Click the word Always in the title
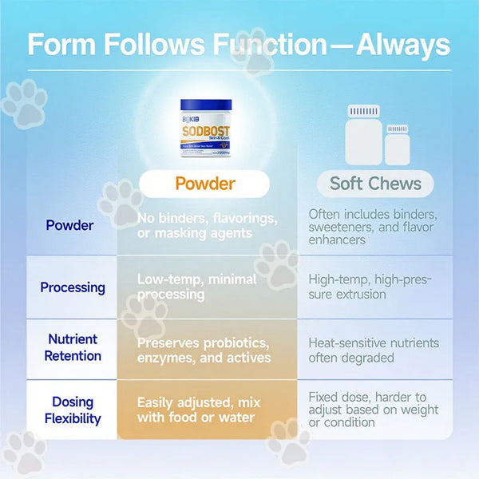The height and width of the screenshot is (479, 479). (402, 45)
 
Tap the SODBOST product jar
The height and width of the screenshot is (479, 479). (206, 129)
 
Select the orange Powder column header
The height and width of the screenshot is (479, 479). (204, 184)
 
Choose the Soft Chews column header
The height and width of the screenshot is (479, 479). (374, 184)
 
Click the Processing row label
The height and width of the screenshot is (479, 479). (73, 287)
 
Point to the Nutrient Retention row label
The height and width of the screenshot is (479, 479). (73, 349)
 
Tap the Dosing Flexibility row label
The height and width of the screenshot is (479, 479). (73, 410)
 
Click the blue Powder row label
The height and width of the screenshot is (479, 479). (69, 225)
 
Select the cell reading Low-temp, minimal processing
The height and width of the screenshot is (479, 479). (197, 287)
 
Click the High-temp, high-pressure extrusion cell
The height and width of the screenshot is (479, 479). (370, 287)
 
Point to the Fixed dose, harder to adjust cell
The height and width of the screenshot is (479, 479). (373, 410)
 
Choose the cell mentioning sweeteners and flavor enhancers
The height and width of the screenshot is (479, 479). (372, 227)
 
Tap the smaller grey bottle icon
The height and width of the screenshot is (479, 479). (397, 145)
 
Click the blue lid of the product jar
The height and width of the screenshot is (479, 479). (206, 105)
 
